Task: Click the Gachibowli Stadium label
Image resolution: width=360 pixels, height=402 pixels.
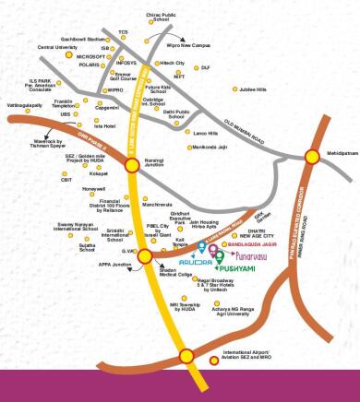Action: [x=84, y=41]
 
